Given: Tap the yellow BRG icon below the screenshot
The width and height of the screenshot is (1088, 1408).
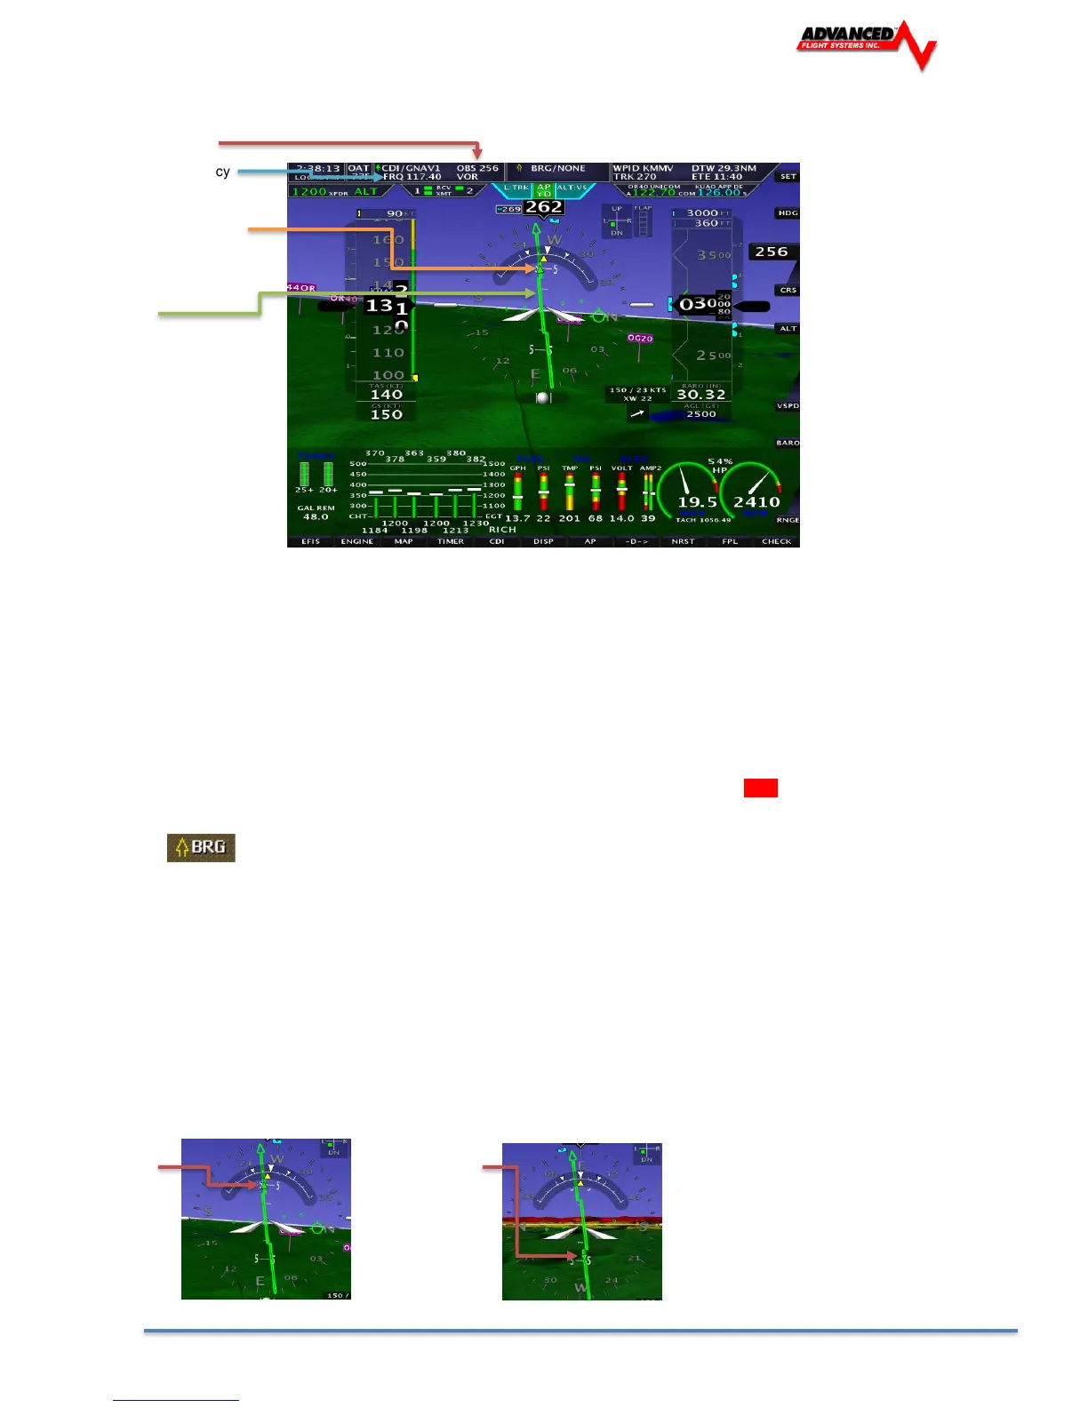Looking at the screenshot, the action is pyautogui.click(x=201, y=847).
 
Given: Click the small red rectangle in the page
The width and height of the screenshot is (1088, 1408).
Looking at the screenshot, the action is pyautogui.click(x=760, y=788).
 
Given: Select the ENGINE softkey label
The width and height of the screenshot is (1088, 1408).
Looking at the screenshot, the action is pyautogui.click(x=357, y=541).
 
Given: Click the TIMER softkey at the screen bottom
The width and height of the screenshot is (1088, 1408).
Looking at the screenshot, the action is pyautogui.click(x=451, y=541).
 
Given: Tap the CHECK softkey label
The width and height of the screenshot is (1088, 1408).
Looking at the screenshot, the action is pyautogui.click(x=776, y=541).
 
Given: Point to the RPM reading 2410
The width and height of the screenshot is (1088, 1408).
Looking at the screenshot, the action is pyautogui.click(x=756, y=502).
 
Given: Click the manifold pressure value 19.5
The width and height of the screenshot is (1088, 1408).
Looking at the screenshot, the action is pyautogui.click(x=698, y=502).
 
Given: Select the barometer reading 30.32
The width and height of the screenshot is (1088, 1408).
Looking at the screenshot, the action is pyautogui.click(x=701, y=395).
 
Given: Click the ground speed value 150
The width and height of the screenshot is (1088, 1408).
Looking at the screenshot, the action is pyautogui.click(x=387, y=414).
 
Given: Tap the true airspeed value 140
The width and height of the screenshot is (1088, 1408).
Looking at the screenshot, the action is pyautogui.click(x=387, y=395).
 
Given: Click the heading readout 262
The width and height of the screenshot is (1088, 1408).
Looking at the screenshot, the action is pyautogui.click(x=543, y=207).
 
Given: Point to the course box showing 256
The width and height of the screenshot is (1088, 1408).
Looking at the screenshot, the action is pyautogui.click(x=772, y=252).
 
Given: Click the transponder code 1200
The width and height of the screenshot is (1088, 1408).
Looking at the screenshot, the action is pyautogui.click(x=309, y=192).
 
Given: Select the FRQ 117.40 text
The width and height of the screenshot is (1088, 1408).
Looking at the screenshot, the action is pyautogui.click(x=412, y=177).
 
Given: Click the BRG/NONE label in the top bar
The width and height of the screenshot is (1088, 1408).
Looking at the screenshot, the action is pyautogui.click(x=557, y=168).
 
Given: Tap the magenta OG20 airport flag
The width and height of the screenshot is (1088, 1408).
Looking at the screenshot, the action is pyautogui.click(x=640, y=339).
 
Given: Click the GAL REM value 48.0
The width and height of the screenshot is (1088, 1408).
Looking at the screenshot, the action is pyautogui.click(x=316, y=516).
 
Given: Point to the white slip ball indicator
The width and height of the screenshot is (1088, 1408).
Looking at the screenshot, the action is pyautogui.click(x=543, y=398).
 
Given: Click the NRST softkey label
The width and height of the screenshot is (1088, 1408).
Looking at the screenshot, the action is pyautogui.click(x=683, y=541).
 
